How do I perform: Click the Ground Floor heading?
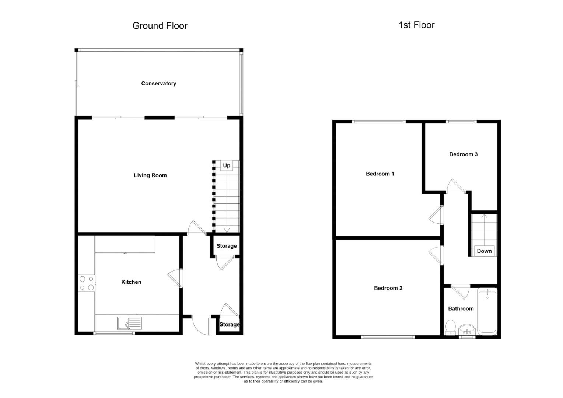pos(160,26)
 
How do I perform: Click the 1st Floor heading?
pos(416,25)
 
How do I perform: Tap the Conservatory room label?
pos(158,84)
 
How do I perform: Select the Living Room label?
pos(150,175)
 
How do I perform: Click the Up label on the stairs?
pos(227,165)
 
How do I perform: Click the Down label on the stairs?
pos(484,251)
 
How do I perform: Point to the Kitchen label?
pos(131,282)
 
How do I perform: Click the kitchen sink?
pos(129,323)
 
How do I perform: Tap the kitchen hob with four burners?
pos(87,283)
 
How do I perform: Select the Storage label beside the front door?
pos(229,325)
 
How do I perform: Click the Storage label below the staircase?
pos(226,246)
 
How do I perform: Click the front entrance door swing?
pos(201,326)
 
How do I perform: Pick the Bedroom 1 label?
pos(380,174)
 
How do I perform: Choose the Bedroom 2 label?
pos(388,288)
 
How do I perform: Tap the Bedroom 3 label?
pos(463,154)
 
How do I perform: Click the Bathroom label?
pos(461,309)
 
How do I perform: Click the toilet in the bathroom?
pos(450,327)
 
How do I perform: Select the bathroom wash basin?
pos(467,328)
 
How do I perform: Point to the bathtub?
pos(487,311)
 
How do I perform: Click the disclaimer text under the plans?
pos(283,373)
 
